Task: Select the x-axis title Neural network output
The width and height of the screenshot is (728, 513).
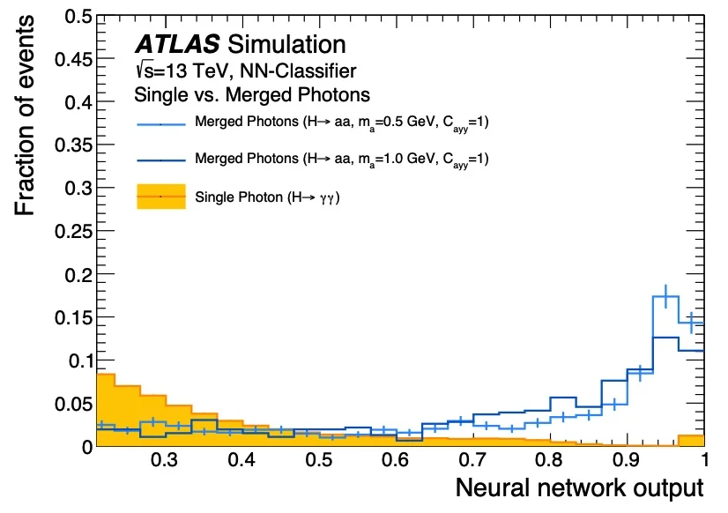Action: (579, 487)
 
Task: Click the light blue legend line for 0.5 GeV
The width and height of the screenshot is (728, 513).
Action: (160, 124)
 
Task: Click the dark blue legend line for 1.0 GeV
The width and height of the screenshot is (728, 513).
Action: (160, 161)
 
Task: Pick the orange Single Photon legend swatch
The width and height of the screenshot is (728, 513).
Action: (160, 197)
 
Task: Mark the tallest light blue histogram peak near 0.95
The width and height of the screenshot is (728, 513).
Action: (665, 297)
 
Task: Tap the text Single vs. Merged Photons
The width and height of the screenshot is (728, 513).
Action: (251, 93)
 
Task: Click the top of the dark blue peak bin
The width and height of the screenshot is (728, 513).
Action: (665, 338)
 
